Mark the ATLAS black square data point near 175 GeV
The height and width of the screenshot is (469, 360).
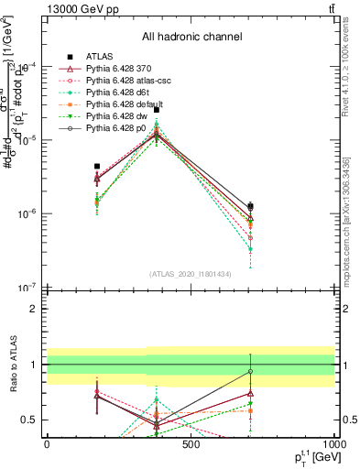pos(97,167)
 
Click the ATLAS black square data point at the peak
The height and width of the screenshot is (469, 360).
pos(157,109)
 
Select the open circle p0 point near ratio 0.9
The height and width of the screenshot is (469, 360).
pos(250,371)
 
